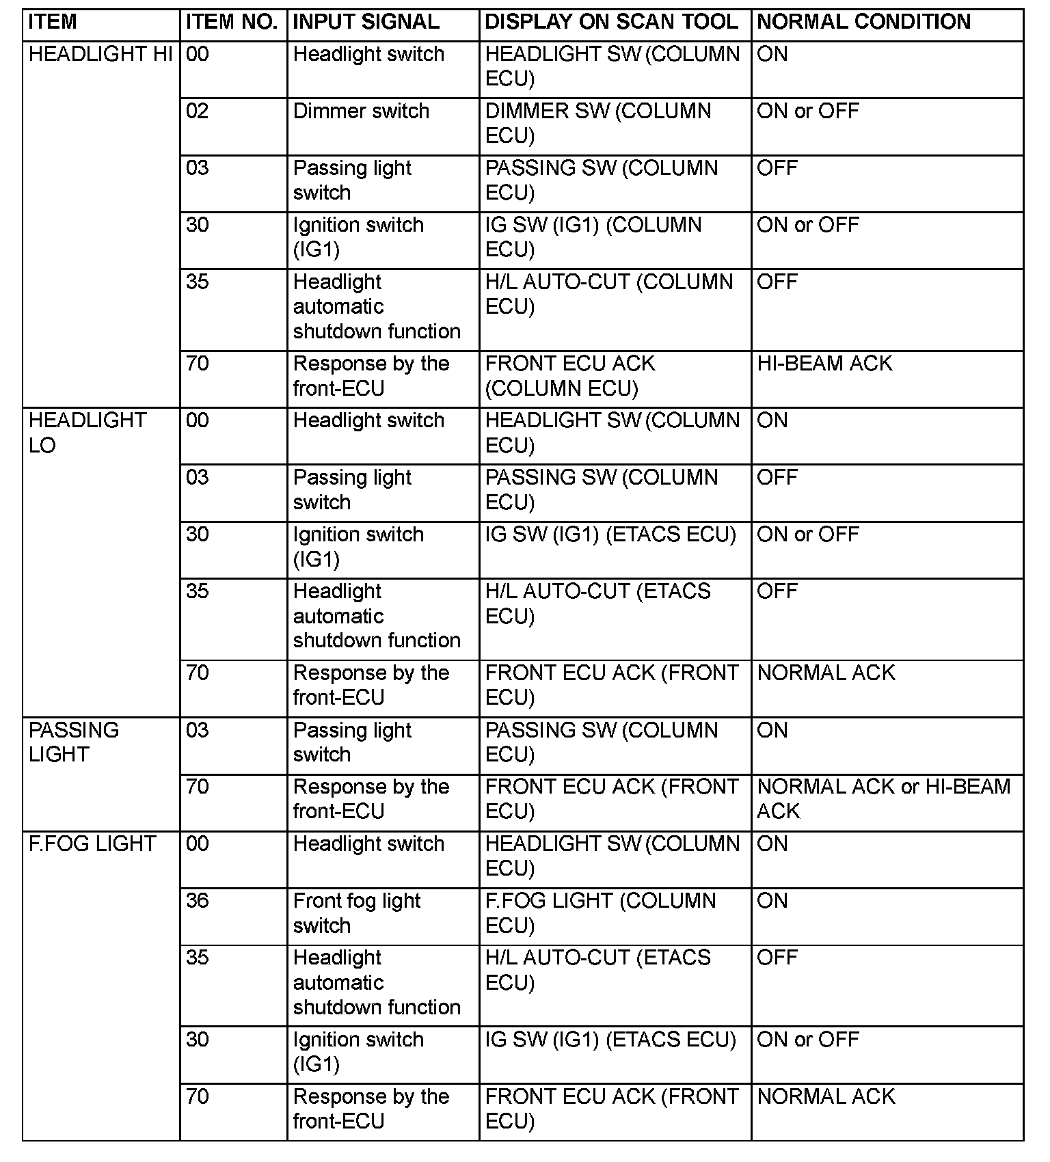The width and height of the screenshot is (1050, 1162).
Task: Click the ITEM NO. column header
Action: point(231,22)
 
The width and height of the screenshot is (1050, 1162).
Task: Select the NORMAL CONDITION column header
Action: point(863,22)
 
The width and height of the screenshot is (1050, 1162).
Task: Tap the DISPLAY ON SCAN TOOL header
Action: point(611,22)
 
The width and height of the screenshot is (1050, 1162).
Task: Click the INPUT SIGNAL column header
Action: point(366,22)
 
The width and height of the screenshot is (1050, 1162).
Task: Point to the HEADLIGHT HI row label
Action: point(100,54)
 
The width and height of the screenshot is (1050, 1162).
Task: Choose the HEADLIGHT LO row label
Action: point(87,433)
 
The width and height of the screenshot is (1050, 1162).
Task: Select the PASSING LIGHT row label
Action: point(74,742)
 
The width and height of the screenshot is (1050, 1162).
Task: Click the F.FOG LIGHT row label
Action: point(92,844)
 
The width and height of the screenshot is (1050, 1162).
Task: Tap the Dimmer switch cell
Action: point(361,111)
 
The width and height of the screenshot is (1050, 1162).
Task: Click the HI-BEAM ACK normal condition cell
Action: point(824,364)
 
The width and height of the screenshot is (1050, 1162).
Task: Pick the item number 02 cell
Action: point(198,111)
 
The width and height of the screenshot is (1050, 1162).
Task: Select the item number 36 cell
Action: point(198,901)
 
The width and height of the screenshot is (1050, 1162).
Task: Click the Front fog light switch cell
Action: point(356,913)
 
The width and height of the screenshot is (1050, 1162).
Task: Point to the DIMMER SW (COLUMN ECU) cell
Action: point(598,124)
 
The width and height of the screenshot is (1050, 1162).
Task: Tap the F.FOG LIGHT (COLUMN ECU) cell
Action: point(600,913)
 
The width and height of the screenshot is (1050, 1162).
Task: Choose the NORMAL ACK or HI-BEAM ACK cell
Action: point(883,799)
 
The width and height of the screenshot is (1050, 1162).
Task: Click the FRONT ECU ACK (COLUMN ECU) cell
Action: point(569,376)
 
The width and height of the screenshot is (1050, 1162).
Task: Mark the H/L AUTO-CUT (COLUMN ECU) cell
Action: point(608,295)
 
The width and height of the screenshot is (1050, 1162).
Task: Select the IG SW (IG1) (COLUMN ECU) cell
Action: point(593,237)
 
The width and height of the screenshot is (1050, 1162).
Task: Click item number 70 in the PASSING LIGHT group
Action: point(198,787)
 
